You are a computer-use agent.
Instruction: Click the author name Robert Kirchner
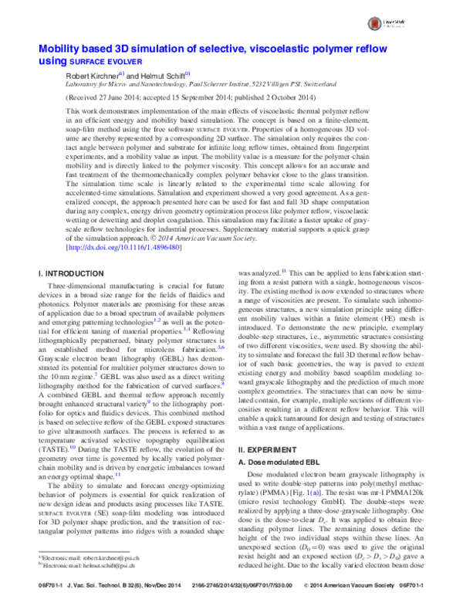click(x=88, y=76)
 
